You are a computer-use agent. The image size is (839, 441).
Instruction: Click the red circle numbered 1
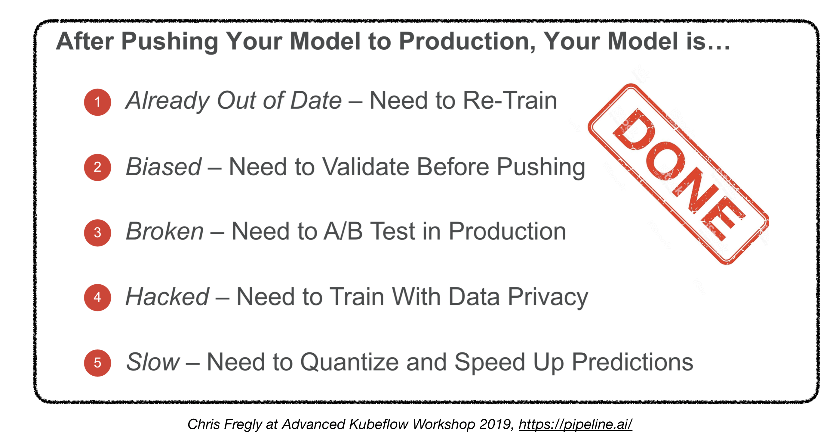pos(97,102)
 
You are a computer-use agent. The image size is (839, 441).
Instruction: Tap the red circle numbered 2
pos(97,167)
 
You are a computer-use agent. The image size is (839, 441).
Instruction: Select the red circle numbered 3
pos(97,233)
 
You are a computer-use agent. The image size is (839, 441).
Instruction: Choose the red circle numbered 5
pos(97,363)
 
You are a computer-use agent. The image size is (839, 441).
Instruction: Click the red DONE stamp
pos(678,174)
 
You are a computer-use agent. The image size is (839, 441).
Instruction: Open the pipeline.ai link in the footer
pos(576,424)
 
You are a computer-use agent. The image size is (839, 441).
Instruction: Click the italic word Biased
pos(164,167)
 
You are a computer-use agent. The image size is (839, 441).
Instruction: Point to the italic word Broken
pos(165,231)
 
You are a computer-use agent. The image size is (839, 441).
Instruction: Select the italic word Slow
pos(153,362)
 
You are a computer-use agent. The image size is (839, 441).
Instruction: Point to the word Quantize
pos(349,362)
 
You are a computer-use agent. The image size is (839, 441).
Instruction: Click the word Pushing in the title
pos(170,42)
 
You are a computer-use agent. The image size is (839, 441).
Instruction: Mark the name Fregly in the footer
pos(243,425)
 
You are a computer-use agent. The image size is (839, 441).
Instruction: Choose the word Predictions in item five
pos(632,362)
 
